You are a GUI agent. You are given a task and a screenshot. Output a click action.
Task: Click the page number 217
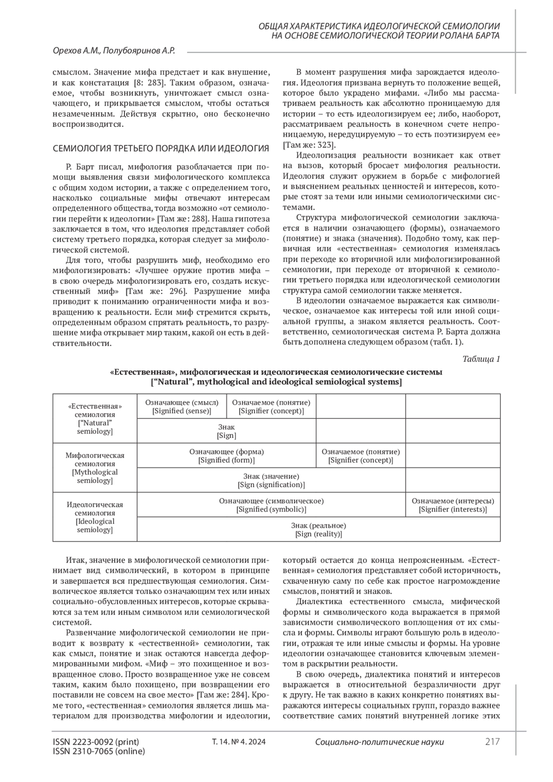[x=492, y=742]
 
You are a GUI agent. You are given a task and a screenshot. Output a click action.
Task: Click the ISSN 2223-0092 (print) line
[x=96, y=742]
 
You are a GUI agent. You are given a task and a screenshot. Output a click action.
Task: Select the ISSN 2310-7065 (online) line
[x=99, y=752]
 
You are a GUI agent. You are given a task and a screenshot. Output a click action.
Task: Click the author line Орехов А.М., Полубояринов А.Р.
[x=114, y=51]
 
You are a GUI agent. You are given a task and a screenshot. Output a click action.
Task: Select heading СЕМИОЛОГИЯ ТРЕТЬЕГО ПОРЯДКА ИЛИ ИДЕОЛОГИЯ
[x=161, y=148]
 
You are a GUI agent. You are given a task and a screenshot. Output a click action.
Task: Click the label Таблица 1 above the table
[x=481, y=359]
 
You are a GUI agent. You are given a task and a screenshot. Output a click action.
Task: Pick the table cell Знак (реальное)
[x=318, y=529]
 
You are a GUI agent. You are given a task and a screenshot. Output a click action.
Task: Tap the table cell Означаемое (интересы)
[x=453, y=505]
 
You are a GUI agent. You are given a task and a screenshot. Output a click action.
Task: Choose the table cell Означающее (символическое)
[x=271, y=505]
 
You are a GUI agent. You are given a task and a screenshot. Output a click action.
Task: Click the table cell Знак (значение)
[x=271, y=480]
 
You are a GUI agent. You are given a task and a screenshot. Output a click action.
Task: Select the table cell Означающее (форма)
[x=226, y=456]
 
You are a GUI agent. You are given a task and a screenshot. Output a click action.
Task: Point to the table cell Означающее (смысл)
[x=182, y=406]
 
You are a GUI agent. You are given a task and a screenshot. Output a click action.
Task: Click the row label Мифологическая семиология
[x=95, y=468]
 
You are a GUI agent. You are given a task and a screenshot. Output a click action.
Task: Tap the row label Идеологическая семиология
[x=95, y=517]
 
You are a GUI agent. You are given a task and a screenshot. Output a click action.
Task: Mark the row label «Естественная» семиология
[x=95, y=418]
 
